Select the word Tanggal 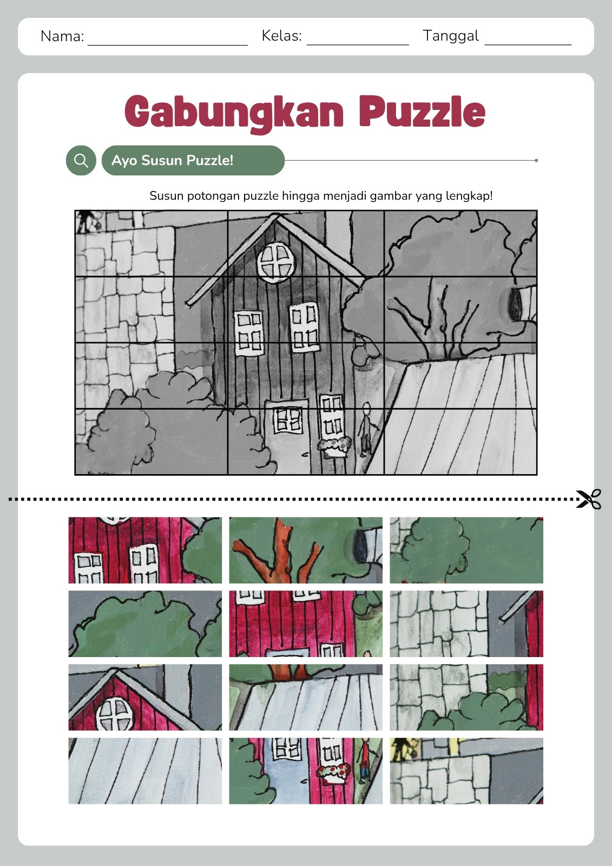[x=451, y=36]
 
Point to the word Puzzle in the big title [x=422, y=111]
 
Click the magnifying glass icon [x=81, y=160]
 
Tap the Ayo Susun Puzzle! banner [x=193, y=160]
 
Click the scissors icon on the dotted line [x=588, y=498]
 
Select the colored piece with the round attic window [x=145, y=697]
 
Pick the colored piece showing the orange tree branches [x=305, y=550]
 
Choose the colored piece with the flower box [x=305, y=771]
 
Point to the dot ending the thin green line [x=536, y=160]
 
